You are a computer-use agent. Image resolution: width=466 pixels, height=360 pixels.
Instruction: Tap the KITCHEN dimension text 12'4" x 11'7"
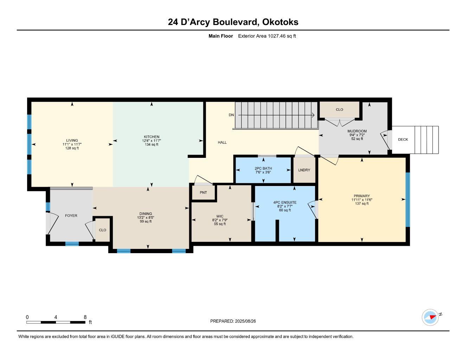click(x=151, y=141)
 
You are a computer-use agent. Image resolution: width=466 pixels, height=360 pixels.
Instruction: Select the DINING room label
click(x=146, y=214)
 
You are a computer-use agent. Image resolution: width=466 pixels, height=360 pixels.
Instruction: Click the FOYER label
click(x=71, y=216)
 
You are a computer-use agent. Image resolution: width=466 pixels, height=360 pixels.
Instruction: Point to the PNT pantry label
click(x=203, y=193)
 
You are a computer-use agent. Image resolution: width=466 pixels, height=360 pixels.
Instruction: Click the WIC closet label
click(x=220, y=217)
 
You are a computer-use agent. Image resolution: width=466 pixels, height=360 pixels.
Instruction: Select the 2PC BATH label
click(x=263, y=168)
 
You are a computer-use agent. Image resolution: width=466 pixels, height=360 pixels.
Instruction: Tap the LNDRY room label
click(x=304, y=170)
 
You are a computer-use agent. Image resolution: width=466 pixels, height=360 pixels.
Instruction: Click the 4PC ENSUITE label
click(x=285, y=202)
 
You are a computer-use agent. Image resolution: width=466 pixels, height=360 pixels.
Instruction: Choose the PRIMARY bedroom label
click(x=362, y=196)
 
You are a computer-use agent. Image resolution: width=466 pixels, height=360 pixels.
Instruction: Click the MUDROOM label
click(x=357, y=131)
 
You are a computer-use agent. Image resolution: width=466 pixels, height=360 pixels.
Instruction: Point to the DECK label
click(x=403, y=140)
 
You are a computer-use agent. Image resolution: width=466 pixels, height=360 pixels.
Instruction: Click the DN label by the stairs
click(x=231, y=115)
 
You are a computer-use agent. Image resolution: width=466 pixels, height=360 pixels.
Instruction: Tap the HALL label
click(x=222, y=142)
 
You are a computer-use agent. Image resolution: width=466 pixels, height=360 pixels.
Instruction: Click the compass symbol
click(x=430, y=317)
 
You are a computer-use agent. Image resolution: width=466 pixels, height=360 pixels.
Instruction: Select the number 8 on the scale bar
click(x=85, y=317)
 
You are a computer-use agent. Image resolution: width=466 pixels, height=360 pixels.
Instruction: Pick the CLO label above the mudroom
click(x=339, y=110)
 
